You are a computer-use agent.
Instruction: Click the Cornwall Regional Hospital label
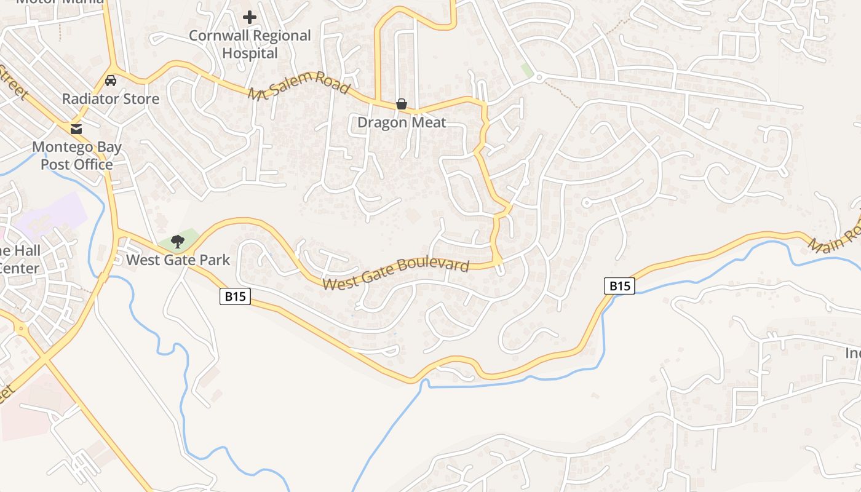pos(250,44)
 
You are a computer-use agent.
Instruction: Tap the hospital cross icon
pos(249,17)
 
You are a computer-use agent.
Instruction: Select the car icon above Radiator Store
pos(111,81)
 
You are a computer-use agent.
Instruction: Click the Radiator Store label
pos(111,99)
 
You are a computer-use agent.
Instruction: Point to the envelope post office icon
pos(76,129)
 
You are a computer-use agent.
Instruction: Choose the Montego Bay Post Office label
pos(77,156)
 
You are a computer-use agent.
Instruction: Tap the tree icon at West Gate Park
pos(178,241)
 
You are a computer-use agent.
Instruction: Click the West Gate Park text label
pos(178,260)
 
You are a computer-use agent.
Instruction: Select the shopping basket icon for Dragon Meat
pos(401,104)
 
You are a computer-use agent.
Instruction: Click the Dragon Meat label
pos(401,122)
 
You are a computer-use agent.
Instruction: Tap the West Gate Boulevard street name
pos(395,274)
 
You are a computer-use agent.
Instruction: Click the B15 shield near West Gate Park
pos(235,296)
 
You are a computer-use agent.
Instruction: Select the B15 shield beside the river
pos(619,285)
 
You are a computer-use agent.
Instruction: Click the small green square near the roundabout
pos(527,69)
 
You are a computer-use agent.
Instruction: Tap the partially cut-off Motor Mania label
pos(60,2)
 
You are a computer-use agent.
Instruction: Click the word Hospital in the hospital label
pos(250,54)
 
